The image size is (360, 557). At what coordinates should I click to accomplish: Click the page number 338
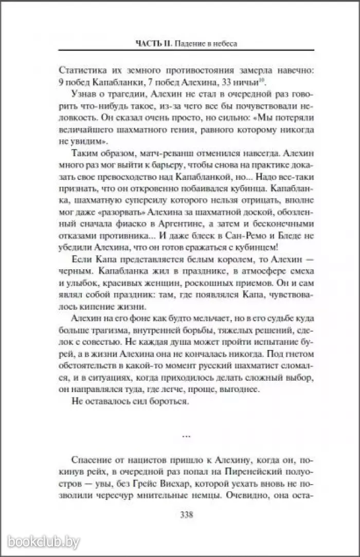184,515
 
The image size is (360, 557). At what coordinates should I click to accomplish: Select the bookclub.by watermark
41,542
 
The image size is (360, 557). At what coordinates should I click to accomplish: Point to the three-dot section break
186,436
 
